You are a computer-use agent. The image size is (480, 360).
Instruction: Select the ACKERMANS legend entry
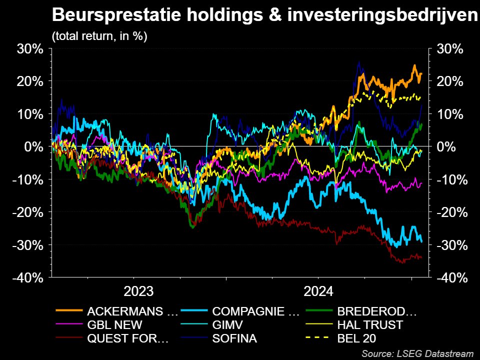tap(132, 311)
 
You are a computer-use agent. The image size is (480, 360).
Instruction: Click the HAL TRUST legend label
tap(370, 325)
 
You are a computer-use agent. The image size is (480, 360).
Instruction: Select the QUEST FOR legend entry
tap(127, 338)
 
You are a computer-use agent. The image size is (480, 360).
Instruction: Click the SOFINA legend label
tap(234, 338)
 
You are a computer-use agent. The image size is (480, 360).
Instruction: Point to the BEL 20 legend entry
tap(357, 338)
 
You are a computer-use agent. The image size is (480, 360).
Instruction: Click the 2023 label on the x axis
tap(138, 291)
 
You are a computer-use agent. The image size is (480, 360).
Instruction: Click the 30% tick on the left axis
tap(30, 49)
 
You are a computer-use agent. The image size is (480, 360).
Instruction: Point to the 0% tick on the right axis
tap(446, 147)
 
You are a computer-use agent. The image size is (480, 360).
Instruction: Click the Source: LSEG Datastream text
tap(417, 353)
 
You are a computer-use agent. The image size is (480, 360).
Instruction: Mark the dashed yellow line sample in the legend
tap(318, 338)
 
